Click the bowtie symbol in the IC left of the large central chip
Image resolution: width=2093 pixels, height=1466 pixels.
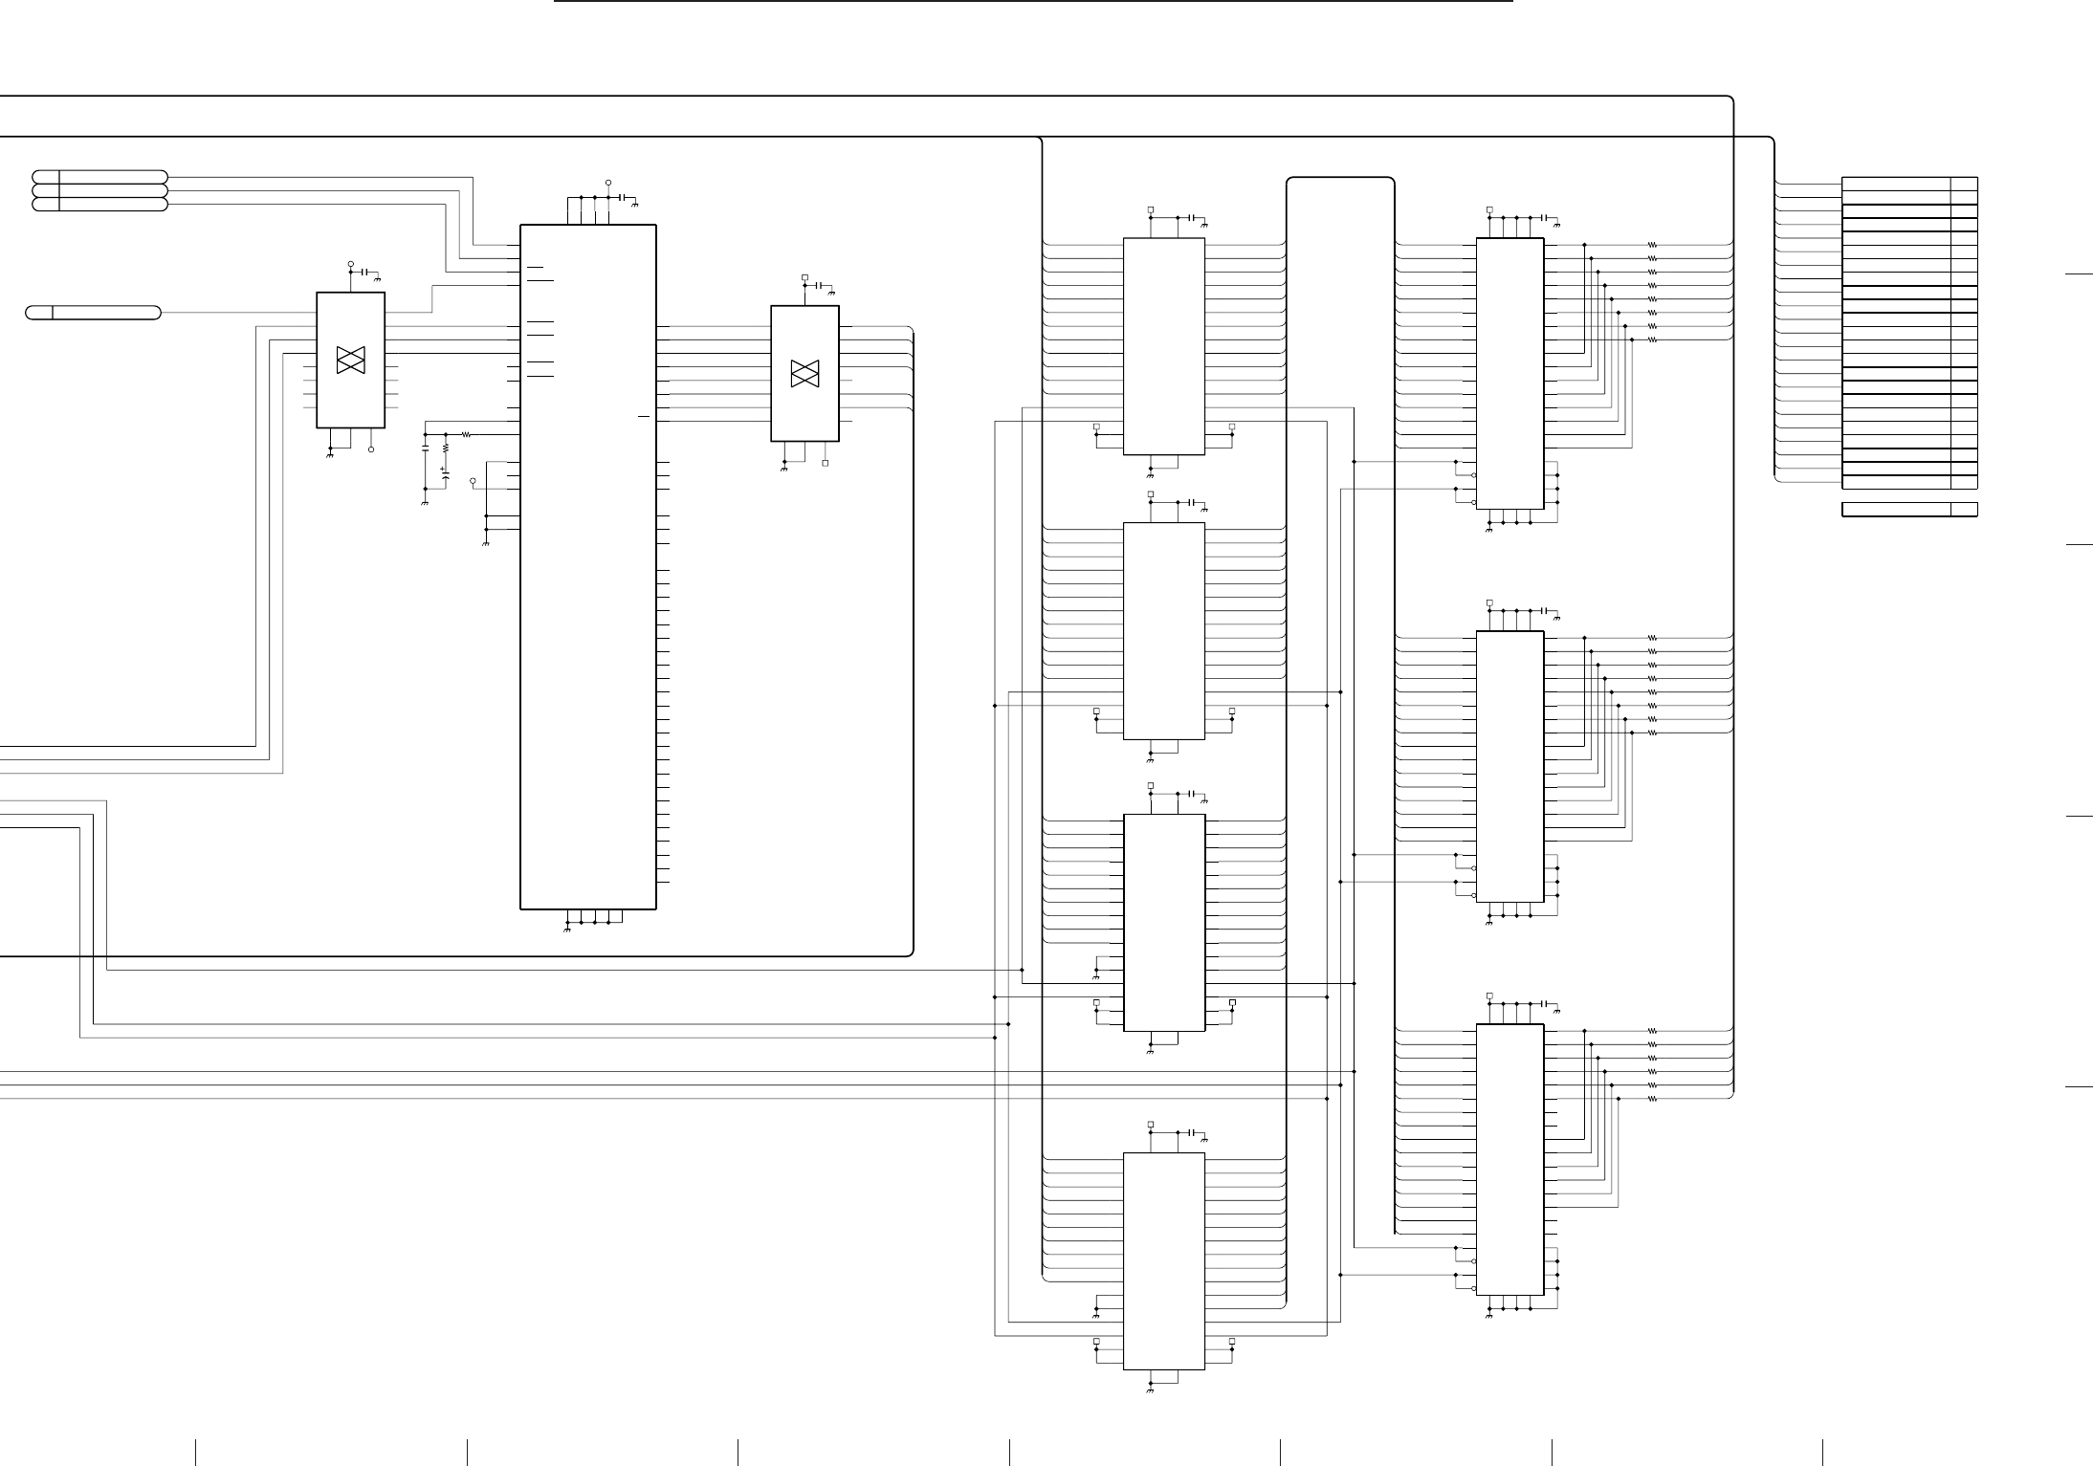351,361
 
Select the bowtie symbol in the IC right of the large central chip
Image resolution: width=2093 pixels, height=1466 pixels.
805,374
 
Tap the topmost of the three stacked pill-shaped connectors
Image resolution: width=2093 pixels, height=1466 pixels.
99,177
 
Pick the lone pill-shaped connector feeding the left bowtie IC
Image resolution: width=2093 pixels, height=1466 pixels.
93,313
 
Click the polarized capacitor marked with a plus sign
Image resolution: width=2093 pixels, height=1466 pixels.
445,473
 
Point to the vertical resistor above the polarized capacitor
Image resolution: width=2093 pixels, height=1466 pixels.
445,448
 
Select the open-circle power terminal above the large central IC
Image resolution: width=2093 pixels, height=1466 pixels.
608,182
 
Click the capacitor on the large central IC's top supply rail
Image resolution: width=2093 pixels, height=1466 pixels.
623,197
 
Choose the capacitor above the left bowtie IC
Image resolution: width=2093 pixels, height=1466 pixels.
365,272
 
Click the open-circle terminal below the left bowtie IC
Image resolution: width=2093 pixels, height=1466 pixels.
371,449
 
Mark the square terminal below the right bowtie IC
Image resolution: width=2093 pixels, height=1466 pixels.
826,463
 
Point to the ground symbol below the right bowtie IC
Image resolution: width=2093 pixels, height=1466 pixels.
784,470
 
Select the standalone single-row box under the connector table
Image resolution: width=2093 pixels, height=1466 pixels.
1909,510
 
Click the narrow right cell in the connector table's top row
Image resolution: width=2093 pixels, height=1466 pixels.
1964,184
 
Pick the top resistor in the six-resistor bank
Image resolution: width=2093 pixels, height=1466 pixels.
1652,1031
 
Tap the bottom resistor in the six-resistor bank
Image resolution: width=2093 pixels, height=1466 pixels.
1652,1099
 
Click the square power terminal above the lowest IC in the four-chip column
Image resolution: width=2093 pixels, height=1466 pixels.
1151,1125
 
